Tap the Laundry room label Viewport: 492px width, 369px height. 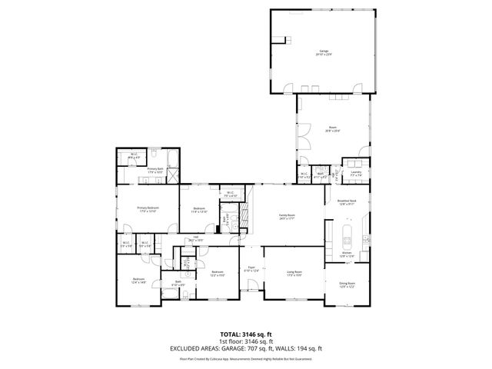coord(355,175)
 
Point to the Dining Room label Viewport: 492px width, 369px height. coord(347,285)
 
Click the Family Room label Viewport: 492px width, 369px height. coord(287,218)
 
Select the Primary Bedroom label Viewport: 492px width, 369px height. coord(148,209)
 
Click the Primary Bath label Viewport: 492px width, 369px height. coord(155,170)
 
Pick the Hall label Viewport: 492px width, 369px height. coord(196,239)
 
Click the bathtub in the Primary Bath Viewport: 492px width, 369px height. coord(172,161)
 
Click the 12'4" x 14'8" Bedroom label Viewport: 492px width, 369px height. coord(138,280)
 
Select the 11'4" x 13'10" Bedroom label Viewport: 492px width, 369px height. coord(199,210)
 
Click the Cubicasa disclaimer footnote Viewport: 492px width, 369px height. coord(246,357)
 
